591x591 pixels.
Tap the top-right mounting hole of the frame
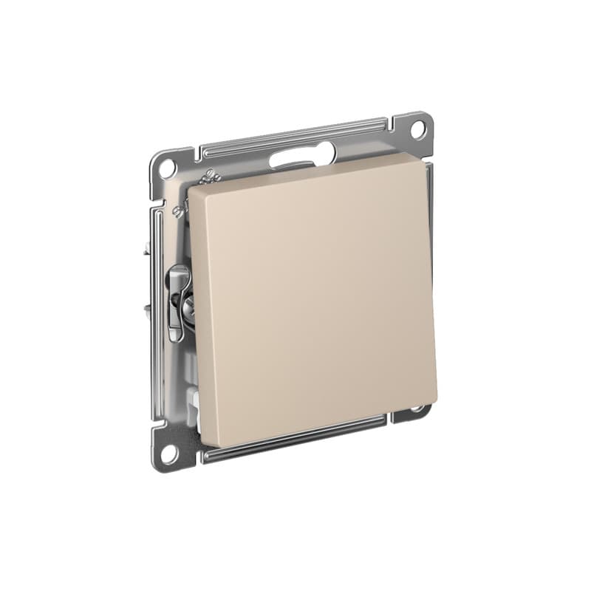coord(417,129)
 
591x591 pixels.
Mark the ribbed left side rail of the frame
coord(156,310)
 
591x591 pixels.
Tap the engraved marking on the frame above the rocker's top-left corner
coord(209,177)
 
